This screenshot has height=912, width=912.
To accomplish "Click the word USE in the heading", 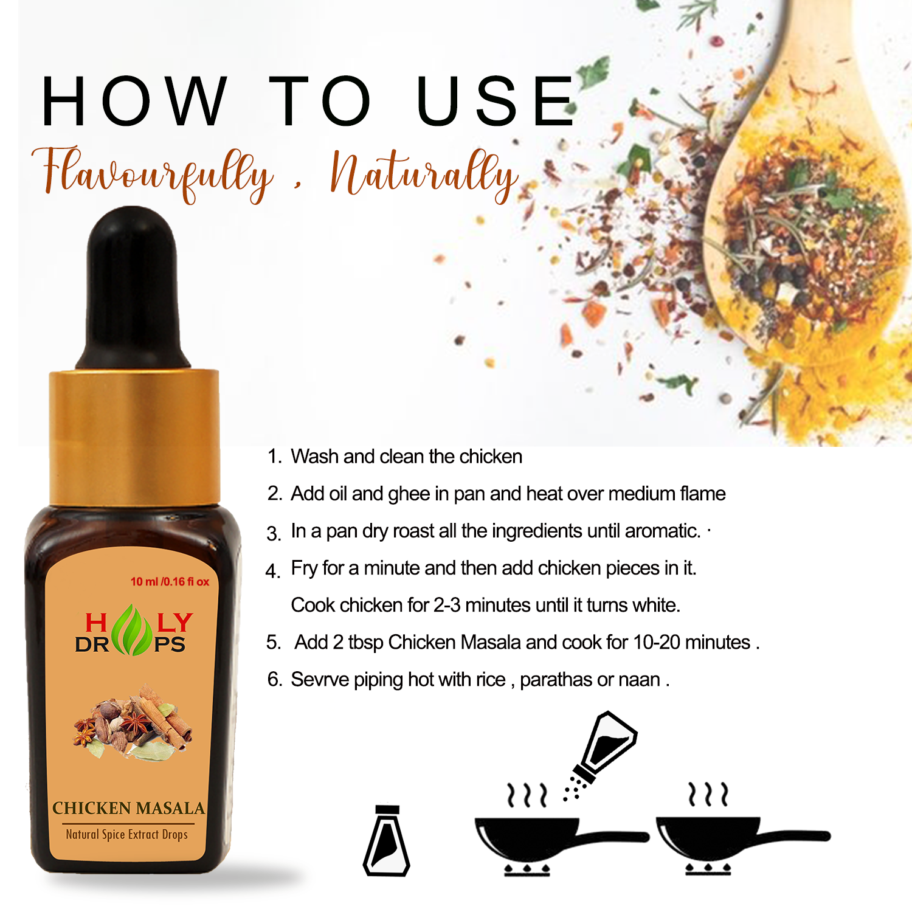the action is tap(496, 101).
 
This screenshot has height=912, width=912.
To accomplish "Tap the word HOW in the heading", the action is tap(134, 101).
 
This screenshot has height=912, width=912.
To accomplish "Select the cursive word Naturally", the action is tap(424, 174).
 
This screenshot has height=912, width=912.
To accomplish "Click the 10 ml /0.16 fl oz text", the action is tap(170, 582).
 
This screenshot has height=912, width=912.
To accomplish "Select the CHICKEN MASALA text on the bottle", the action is tap(128, 808).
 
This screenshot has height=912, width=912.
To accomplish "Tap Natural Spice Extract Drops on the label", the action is tap(126, 834).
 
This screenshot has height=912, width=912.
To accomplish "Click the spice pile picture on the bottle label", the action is tap(133, 722).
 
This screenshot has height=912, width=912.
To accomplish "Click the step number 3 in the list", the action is tap(273, 534).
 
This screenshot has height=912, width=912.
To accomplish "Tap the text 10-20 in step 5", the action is tap(656, 642).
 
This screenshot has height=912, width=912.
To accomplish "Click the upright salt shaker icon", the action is tap(387, 840).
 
